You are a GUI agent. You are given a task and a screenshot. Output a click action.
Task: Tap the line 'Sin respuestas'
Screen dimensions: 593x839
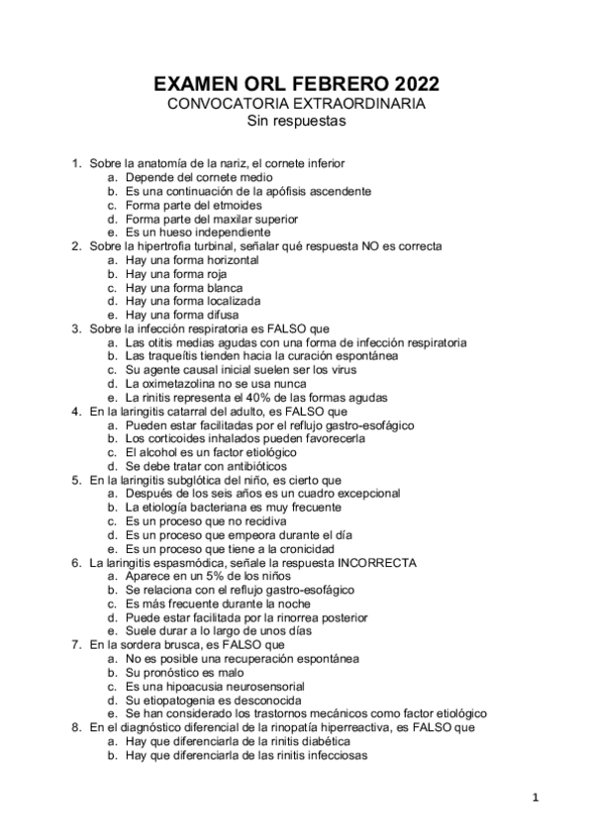point(296,123)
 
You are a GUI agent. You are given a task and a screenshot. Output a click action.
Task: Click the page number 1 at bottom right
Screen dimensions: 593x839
point(535,796)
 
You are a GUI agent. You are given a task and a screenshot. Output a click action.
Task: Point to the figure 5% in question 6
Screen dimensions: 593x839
point(215,575)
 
